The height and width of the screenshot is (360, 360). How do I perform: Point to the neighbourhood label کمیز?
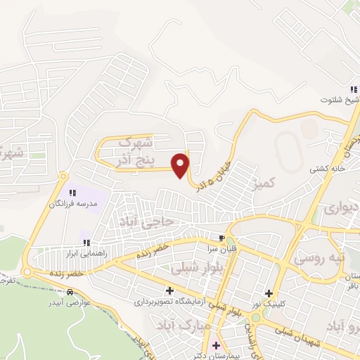(x=270, y=183)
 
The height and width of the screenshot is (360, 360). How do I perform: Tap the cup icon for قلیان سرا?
(x=222, y=238)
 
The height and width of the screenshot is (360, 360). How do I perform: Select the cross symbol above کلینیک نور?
(x=268, y=293)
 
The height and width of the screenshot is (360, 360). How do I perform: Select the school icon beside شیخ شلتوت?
(x=355, y=89)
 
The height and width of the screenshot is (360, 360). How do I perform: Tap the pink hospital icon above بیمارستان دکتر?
(x=215, y=346)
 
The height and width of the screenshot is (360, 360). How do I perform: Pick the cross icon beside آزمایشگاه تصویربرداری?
(x=169, y=290)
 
